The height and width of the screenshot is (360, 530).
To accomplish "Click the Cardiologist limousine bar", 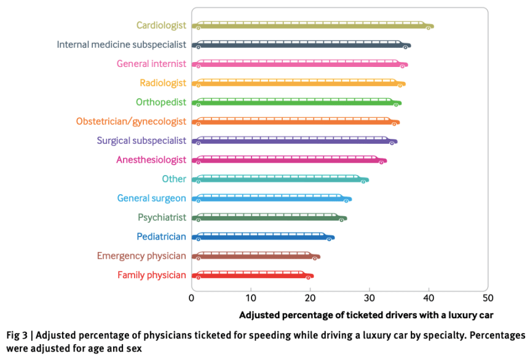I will (x=312, y=26).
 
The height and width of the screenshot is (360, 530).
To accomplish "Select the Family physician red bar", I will (x=253, y=275).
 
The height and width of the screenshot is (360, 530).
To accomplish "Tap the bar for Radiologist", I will (x=298, y=83).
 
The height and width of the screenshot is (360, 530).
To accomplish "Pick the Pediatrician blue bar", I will (x=263, y=237).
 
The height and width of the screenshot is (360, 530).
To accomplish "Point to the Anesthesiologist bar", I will (x=289, y=160).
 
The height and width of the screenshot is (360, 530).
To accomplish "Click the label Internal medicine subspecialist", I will (x=121, y=45).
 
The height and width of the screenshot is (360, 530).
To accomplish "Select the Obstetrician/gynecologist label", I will (x=131, y=122).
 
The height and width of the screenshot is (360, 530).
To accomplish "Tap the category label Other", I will (x=174, y=179).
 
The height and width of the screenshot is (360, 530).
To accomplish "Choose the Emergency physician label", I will (x=141, y=256).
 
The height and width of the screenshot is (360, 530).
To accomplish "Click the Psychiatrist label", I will (x=162, y=217).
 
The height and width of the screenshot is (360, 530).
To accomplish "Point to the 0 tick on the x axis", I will (x=192, y=298).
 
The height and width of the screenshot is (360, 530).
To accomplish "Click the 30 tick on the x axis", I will (x=370, y=298).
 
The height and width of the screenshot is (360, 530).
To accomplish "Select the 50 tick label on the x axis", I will (x=488, y=298).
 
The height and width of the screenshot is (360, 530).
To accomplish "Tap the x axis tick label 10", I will (x=251, y=298).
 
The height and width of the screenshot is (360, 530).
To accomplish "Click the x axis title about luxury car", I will (x=366, y=315).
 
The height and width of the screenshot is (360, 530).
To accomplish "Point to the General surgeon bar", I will (x=271, y=198).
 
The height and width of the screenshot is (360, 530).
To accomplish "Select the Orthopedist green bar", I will (x=296, y=103).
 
